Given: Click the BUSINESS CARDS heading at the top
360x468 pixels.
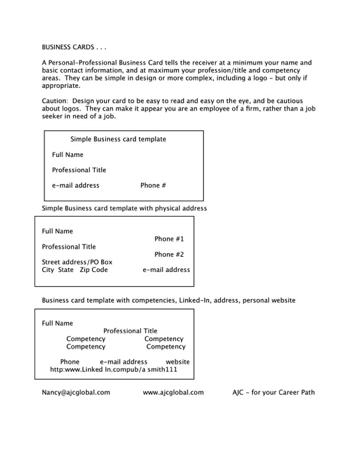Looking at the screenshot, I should [x=75, y=47].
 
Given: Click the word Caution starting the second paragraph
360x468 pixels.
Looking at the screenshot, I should [x=54, y=101].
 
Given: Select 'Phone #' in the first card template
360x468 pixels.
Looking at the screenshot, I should [x=153, y=185].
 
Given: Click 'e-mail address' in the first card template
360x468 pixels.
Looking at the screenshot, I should [x=75, y=185].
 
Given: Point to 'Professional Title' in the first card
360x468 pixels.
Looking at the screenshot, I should [x=79, y=170].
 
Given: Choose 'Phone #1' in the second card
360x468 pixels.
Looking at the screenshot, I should [x=169, y=239].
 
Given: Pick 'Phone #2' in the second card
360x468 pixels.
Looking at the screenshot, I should [x=169, y=254].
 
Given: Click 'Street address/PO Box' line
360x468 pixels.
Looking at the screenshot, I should [x=77, y=262].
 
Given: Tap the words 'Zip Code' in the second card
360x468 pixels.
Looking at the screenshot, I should [x=94, y=270].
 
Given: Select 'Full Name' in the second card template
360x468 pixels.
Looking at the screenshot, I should [x=57, y=231].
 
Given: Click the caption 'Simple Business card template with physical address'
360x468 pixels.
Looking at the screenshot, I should [x=124, y=208].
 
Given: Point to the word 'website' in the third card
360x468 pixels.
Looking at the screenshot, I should [x=178, y=362].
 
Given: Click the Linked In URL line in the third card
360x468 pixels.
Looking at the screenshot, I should [x=114, y=370].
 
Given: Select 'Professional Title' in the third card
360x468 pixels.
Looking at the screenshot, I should [x=130, y=331].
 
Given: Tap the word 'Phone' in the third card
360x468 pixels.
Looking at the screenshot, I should [x=70, y=362].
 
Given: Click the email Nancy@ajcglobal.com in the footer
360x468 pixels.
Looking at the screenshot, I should [x=75, y=393].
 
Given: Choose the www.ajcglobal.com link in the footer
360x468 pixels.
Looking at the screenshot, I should [x=173, y=393].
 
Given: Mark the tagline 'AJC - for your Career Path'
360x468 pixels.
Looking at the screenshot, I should [x=274, y=393].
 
